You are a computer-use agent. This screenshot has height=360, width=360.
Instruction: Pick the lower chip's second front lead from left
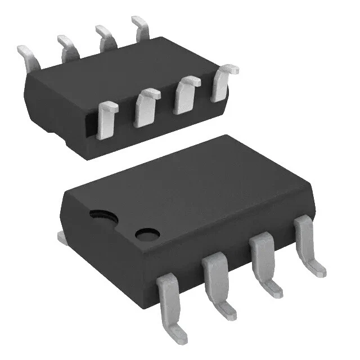coord(215,280)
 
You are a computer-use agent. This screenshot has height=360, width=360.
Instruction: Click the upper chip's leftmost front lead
coord(107,119)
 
